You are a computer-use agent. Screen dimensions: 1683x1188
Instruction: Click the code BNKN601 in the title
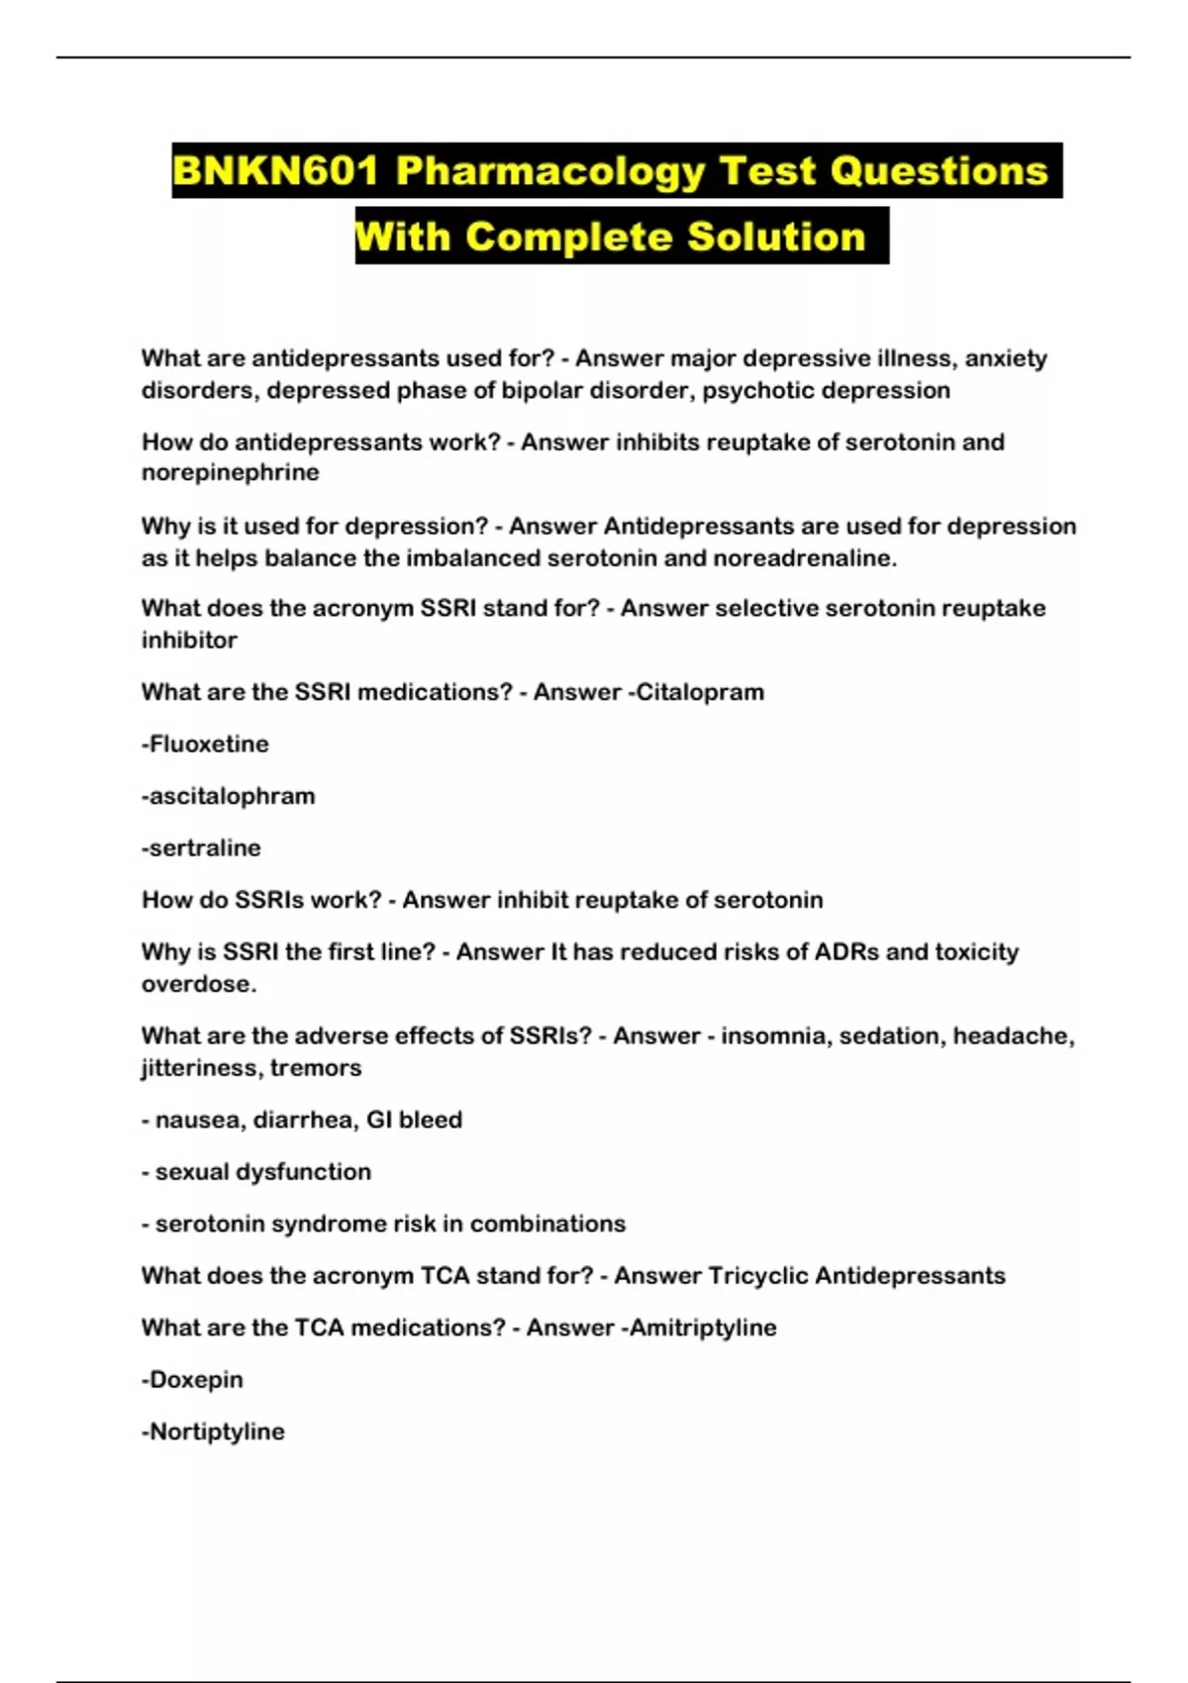click(275, 171)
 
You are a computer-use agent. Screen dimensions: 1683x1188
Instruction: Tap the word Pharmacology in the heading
click(549, 171)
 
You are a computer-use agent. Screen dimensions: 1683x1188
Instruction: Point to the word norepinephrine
click(230, 472)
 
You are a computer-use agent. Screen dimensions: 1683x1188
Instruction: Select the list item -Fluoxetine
click(205, 743)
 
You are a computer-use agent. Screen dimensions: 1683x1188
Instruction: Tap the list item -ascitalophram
click(228, 796)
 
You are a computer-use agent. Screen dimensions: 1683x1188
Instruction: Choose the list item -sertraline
click(201, 847)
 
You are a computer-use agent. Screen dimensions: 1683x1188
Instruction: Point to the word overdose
click(198, 984)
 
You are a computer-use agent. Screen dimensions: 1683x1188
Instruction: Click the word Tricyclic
click(757, 1275)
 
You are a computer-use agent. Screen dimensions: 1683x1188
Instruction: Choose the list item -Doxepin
click(192, 1379)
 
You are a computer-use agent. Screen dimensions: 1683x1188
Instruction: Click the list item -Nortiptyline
click(213, 1432)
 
